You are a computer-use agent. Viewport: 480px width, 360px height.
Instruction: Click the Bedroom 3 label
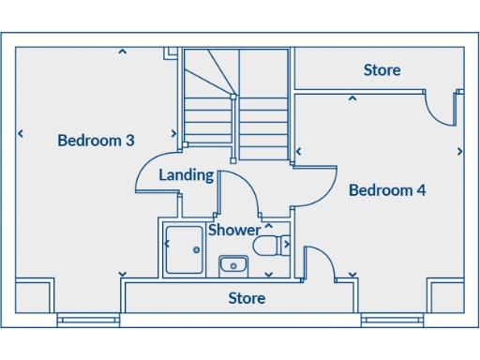96,141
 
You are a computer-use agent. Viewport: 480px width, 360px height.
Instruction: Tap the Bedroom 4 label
387,190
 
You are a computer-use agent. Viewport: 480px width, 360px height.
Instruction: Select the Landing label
186,175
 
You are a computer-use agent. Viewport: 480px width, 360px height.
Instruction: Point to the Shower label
234,230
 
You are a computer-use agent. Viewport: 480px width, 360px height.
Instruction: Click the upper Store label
382,70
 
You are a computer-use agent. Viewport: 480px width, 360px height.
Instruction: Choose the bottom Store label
247,299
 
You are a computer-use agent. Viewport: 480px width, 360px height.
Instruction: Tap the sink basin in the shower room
232,265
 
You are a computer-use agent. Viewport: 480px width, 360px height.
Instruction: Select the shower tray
183,249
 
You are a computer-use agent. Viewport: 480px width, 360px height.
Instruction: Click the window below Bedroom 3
89,321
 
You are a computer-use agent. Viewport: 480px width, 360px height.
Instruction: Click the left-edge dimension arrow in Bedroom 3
20,134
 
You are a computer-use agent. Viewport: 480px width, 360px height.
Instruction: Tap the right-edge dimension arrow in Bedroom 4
459,151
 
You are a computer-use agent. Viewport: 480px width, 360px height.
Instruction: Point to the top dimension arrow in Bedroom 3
122,52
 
